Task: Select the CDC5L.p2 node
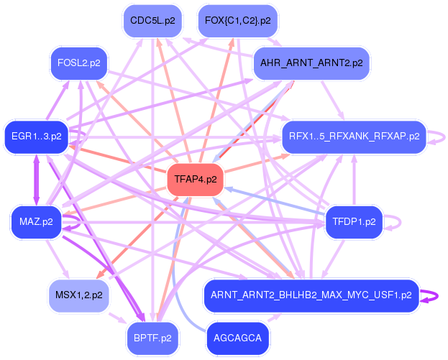coord(150,21)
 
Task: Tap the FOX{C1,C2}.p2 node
coord(237,21)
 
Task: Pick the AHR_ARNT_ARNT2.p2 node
coord(311,63)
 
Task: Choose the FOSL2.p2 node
coord(78,63)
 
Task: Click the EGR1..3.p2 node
coord(35,136)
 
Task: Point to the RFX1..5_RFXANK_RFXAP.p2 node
coord(354,136)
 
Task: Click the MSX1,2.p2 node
coord(78,295)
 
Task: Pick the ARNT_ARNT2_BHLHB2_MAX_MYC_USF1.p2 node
coord(311,295)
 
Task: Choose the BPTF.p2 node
coord(152,337)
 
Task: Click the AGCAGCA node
coord(237,337)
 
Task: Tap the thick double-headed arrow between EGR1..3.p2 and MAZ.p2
coord(36,179)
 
